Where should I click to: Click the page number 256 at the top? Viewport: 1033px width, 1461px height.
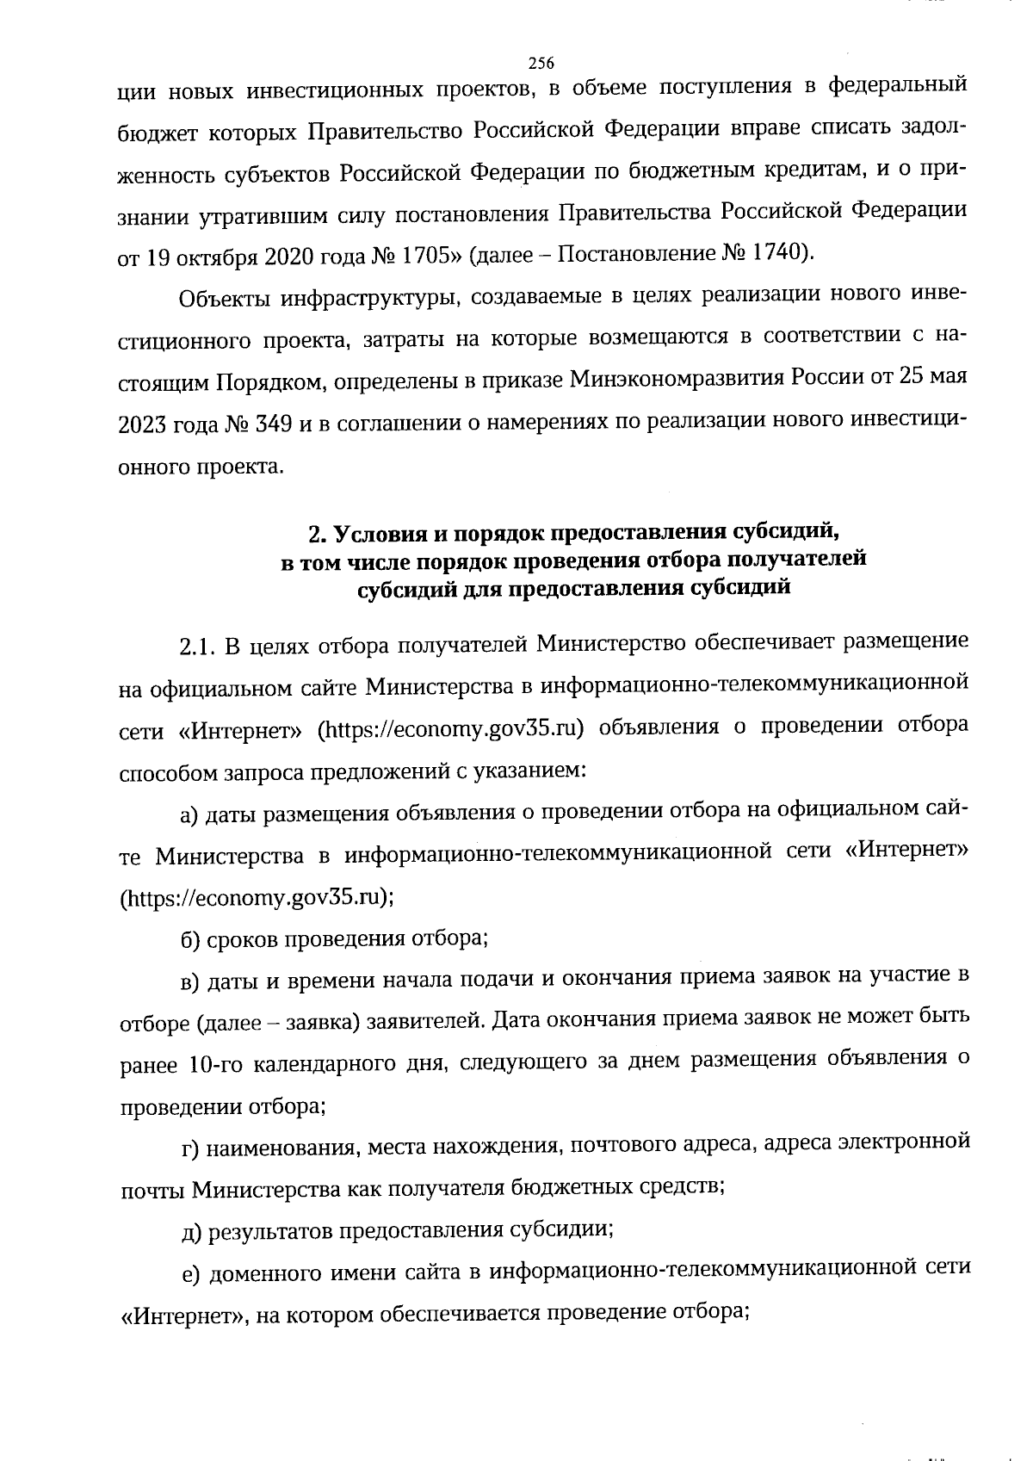pyautogui.click(x=541, y=63)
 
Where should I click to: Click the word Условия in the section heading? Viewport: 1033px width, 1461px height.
pyautogui.click(x=378, y=535)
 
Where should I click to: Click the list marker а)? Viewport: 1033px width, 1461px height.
pyautogui.click(x=190, y=814)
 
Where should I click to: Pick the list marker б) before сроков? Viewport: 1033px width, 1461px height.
pyautogui.click(x=191, y=938)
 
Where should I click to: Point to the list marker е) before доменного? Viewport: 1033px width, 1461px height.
pyautogui.click(x=190, y=1272)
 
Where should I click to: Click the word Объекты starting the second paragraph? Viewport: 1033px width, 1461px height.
pyautogui.click(x=223, y=299)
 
